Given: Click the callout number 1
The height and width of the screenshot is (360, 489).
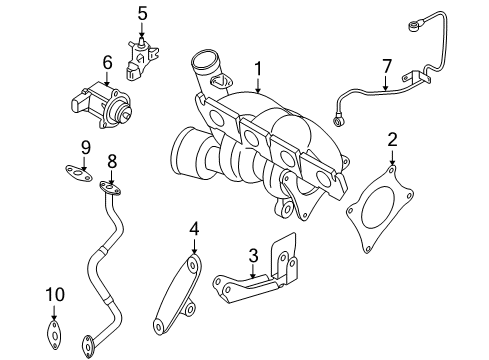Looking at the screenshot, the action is pos(258,69).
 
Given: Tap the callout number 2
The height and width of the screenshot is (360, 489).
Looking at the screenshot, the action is pos(392,139).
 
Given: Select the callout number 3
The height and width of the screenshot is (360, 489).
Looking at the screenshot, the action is pos(253,256).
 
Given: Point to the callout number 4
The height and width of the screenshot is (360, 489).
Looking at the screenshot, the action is pos(194,229).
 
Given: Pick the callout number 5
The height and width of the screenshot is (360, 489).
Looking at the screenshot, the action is pos(142,14).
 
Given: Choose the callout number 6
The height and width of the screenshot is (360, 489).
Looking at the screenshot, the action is pos(107,62).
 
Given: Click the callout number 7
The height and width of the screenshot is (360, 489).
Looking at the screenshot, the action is pos(386,66).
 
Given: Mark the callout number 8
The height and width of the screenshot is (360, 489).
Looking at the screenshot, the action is pos(112,161).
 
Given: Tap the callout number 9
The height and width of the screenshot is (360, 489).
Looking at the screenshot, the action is pos(86,147).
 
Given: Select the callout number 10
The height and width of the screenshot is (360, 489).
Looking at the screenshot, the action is pos(55,295).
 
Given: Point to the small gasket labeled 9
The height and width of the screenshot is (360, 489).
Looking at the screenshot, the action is pos(79,173).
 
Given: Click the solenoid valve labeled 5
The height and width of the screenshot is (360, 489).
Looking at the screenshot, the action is pos(141,59).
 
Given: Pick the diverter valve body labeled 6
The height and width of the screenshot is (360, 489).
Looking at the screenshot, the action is pos(101,105).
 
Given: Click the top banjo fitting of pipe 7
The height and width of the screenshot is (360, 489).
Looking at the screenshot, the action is pos(413,26).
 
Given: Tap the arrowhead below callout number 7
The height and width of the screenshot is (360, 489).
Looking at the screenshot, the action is pos(386,88).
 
